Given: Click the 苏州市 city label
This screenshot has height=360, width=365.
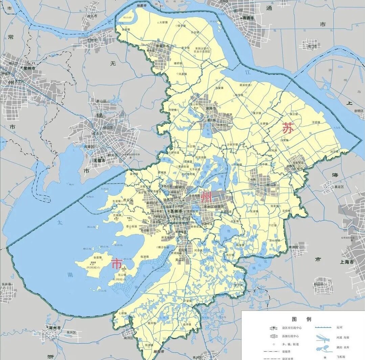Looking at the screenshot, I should (176, 211).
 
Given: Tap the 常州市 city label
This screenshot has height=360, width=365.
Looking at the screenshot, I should (28, 68).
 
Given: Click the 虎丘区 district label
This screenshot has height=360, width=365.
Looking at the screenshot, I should (128, 200).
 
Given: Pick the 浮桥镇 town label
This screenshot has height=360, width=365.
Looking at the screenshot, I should (316, 122).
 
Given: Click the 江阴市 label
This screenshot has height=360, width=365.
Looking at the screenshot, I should (90, 40).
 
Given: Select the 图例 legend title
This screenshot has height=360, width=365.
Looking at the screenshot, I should (301, 319).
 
